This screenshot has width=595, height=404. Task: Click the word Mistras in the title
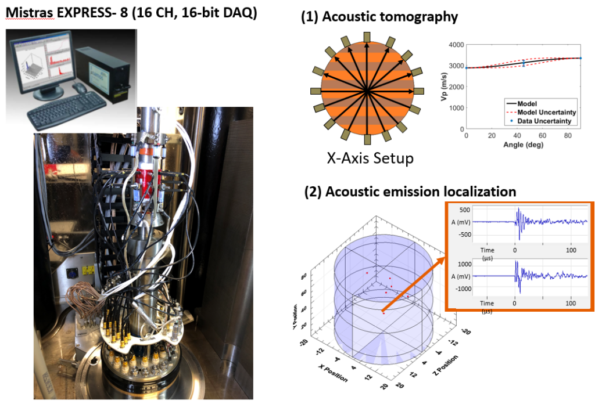(29, 12)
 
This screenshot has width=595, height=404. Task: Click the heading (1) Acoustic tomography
(379, 17)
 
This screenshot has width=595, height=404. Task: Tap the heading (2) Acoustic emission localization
(410, 191)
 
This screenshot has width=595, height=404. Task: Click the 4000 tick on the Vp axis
(455, 45)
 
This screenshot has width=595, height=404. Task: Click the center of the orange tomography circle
(367, 91)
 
